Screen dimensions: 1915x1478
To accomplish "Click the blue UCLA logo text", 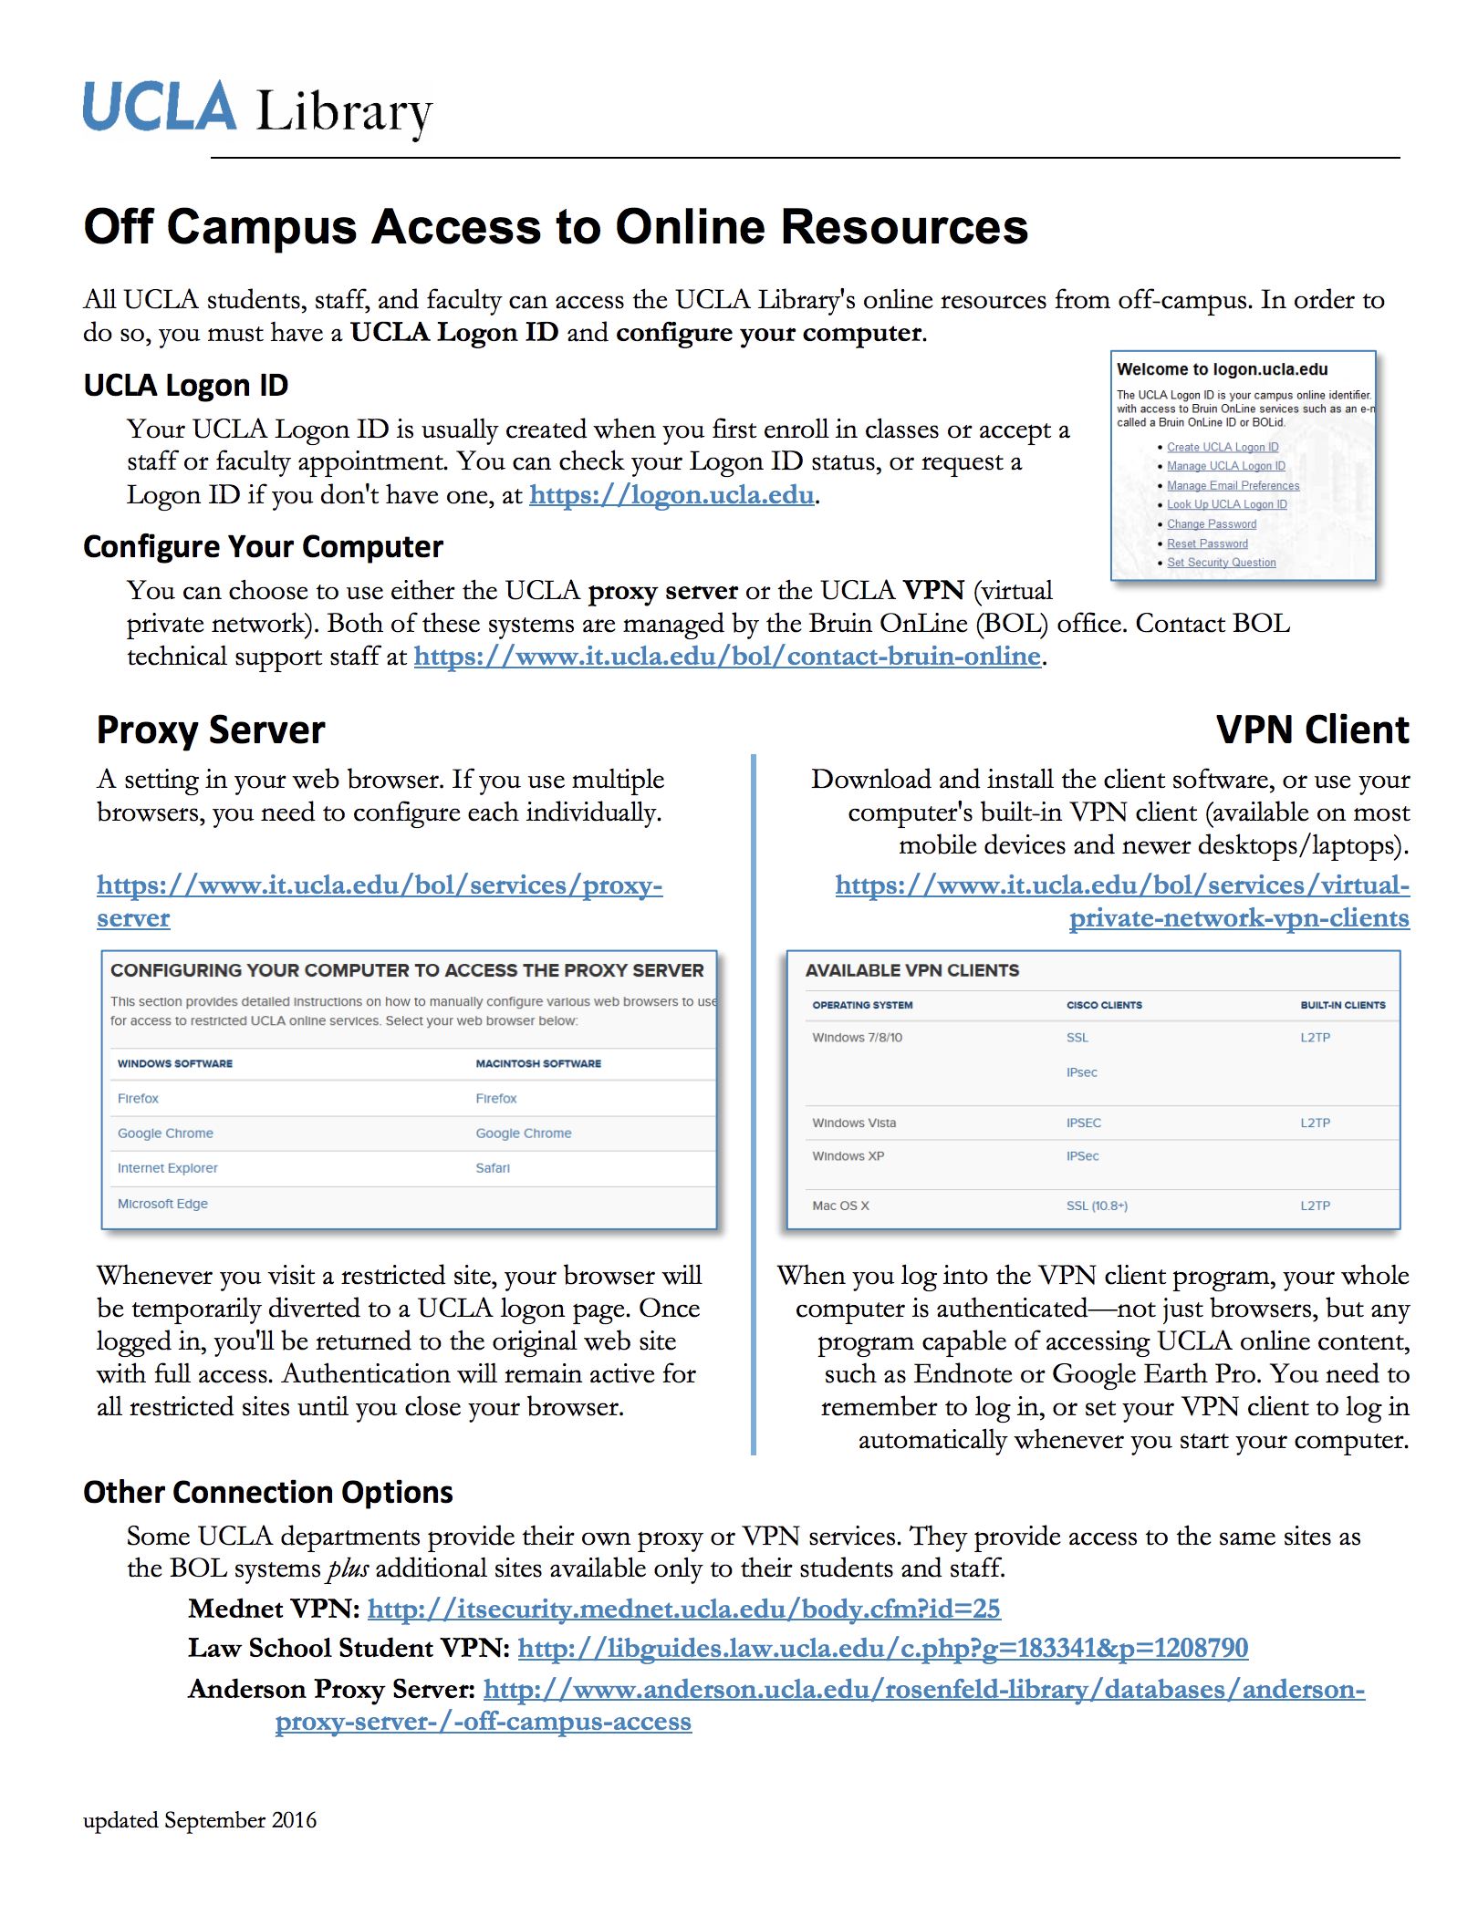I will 160,108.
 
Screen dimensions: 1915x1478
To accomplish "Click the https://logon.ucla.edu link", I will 671,495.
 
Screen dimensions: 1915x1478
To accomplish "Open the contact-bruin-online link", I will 727,657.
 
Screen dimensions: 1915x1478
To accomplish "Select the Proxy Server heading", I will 211,730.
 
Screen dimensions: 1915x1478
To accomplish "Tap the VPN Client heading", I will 1312,730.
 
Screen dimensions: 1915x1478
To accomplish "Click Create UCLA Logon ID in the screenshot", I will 1223,448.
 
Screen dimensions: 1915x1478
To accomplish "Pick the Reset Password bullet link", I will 1207,544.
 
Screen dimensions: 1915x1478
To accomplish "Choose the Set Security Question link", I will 1221,563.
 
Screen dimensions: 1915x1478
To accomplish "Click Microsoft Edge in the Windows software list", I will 162,1204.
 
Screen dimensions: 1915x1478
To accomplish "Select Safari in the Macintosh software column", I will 493,1168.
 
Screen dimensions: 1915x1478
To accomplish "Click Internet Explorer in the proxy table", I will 167,1168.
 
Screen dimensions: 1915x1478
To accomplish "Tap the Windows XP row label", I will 848,1156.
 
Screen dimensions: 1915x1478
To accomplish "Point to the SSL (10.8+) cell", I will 1097,1206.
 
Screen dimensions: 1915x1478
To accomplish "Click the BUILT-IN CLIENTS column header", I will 1342,1005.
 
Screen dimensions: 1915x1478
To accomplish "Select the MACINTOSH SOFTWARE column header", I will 538,1063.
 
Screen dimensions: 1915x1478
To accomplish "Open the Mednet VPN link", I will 683,1609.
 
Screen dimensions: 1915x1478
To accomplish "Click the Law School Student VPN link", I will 882,1649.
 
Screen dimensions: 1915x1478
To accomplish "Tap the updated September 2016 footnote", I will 200,1820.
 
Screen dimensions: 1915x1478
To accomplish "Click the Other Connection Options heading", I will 268,1493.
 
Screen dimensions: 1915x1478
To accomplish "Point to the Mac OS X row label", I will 840,1206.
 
